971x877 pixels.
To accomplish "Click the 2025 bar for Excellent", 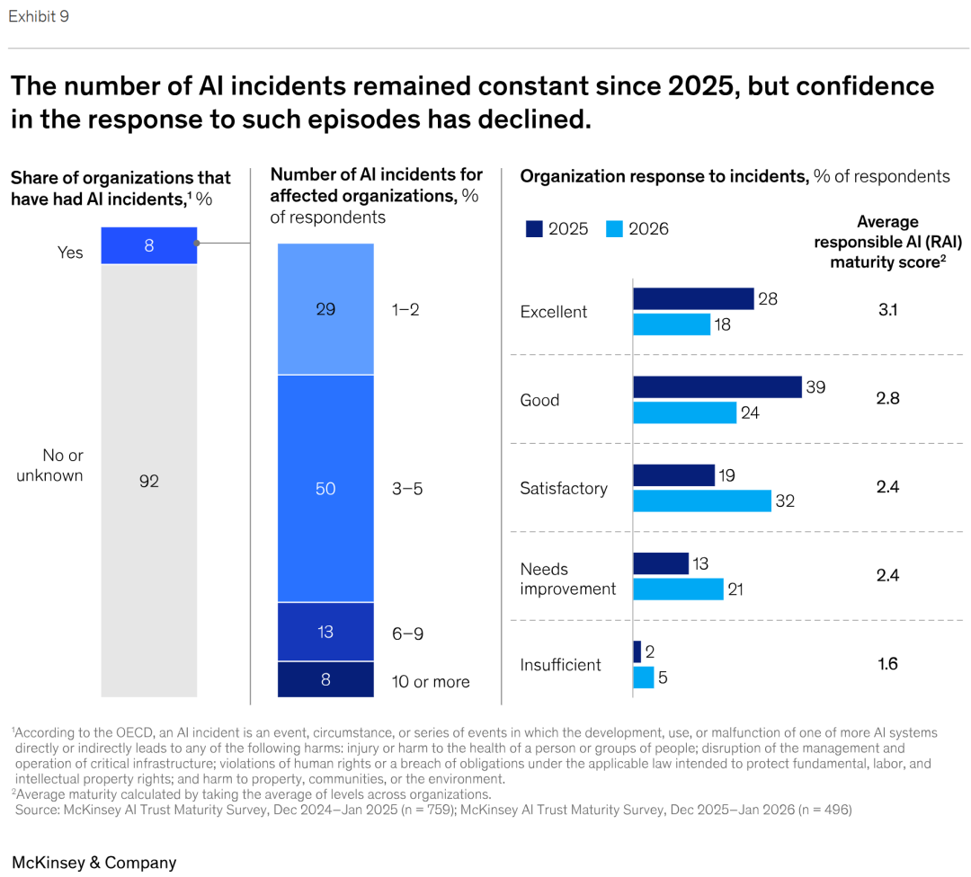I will (x=693, y=298).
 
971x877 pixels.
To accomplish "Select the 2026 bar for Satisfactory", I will (x=702, y=501).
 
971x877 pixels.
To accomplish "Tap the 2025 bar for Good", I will (x=717, y=386).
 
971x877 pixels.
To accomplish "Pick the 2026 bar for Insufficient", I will (x=644, y=678).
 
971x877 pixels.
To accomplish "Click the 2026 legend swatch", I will (x=614, y=229).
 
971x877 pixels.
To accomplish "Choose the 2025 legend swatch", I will (x=534, y=229).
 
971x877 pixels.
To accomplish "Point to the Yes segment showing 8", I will (x=149, y=245).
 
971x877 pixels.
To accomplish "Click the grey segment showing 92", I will (x=149, y=481).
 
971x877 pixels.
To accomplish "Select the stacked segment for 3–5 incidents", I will (x=325, y=488).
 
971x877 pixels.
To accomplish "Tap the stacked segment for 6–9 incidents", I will (x=325, y=632).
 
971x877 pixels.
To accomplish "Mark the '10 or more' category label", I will (x=431, y=682).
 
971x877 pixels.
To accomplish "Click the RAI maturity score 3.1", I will (x=887, y=310).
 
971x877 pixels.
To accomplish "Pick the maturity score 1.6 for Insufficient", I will (x=887, y=664).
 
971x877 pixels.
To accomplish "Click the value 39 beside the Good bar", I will (x=815, y=387).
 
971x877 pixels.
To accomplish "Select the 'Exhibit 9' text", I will (x=39, y=17).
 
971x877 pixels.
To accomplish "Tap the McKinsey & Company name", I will (x=94, y=863).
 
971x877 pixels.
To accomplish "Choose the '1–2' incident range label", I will (x=405, y=310).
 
